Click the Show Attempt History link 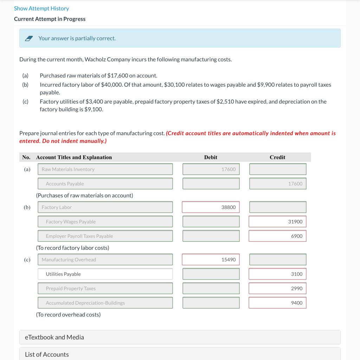click(41, 8)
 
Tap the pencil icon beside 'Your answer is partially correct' click(29, 39)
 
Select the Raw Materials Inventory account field click(105, 169)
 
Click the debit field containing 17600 click(211, 169)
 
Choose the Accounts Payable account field click(105, 184)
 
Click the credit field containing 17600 click(278, 184)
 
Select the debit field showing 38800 click(211, 207)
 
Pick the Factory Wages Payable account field click(105, 221)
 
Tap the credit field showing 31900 click(278, 221)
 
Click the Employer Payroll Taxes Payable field click(105, 236)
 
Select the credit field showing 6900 click(278, 236)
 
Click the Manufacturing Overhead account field click(105, 259)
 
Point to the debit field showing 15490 click(211, 259)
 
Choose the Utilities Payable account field click(105, 274)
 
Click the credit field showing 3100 click(278, 274)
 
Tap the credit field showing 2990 click(278, 288)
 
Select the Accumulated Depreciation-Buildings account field click(105, 303)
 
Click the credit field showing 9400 click(278, 303)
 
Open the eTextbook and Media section click(180, 337)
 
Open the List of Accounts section click(180, 354)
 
